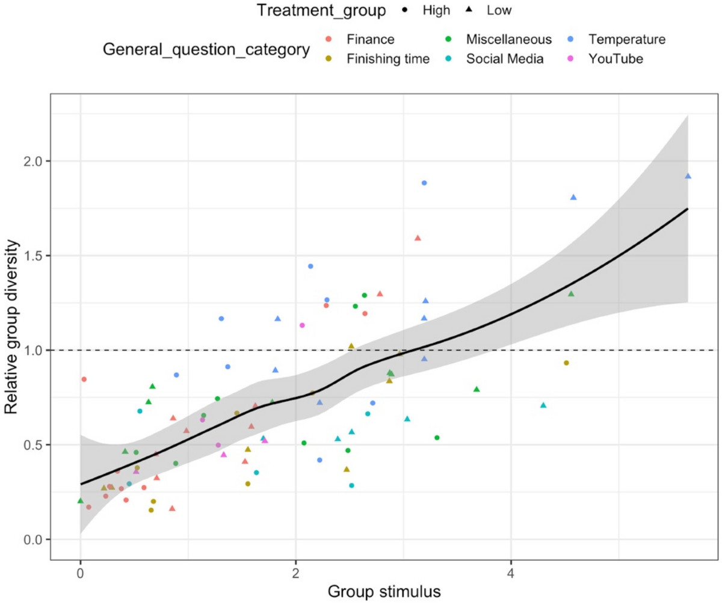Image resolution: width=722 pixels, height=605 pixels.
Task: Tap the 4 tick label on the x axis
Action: click(511, 571)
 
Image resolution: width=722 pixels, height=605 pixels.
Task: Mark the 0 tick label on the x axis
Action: click(81, 571)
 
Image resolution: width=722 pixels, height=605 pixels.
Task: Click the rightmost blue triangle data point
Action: click(688, 176)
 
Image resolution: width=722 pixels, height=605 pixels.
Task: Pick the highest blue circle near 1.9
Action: click(424, 183)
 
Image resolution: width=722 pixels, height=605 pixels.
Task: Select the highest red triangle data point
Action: click(418, 238)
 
